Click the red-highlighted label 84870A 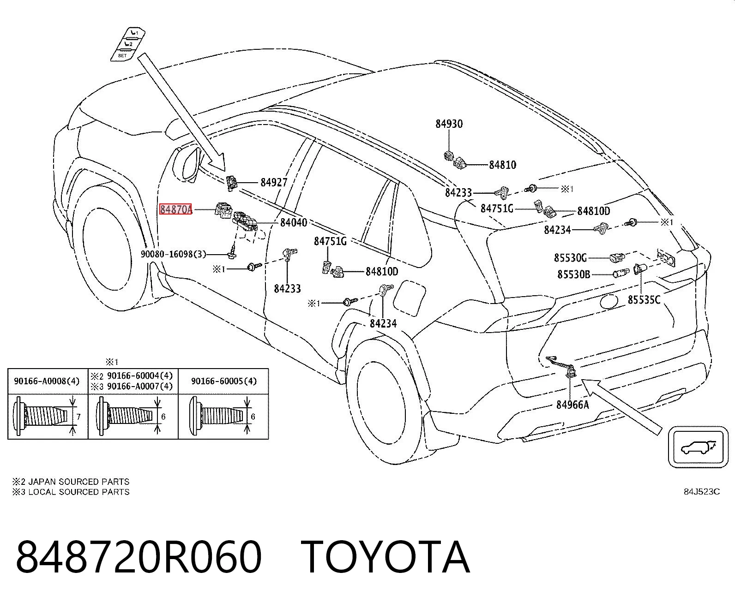175,209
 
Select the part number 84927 274,182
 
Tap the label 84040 294,222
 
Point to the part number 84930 449,124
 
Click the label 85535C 644,300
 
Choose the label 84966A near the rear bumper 572,405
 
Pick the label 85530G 570,258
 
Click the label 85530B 573,274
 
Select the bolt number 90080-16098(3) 173,254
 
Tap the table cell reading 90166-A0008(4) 47,381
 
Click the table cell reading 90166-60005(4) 224,381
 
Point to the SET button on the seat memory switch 122,56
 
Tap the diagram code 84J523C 702,492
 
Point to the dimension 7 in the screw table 78,417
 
